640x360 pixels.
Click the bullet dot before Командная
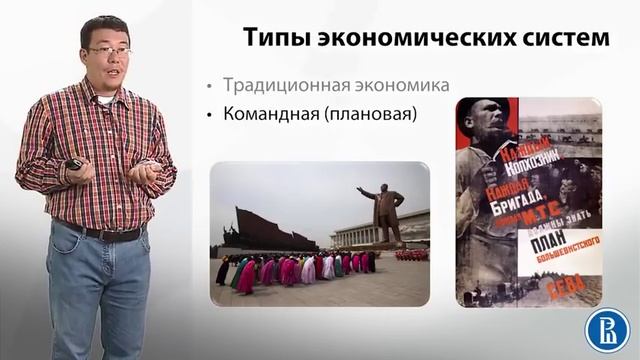click(209, 115)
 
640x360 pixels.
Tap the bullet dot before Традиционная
click(209, 85)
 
